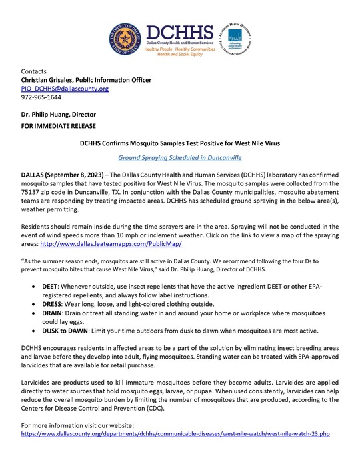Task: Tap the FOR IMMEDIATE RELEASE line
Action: coord(59,125)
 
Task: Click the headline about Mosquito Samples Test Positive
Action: coord(180,144)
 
